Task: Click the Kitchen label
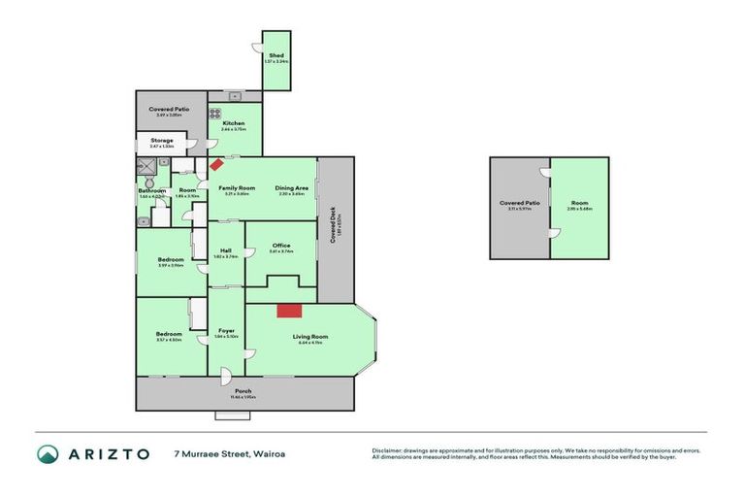(233, 123)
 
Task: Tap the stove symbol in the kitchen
(215, 113)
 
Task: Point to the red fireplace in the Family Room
(215, 165)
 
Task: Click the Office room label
(280, 246)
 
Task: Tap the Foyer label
(226, 331)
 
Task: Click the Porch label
(243, 391)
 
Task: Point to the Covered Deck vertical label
(333, 228)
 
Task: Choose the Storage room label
(162, 141)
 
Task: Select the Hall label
(225, 250)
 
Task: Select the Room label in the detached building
(579, 203)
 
